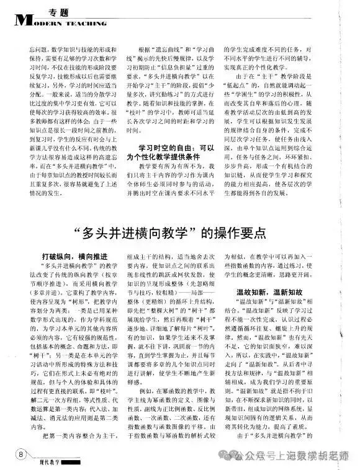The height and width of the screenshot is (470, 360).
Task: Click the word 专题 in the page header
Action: [57, 11]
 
